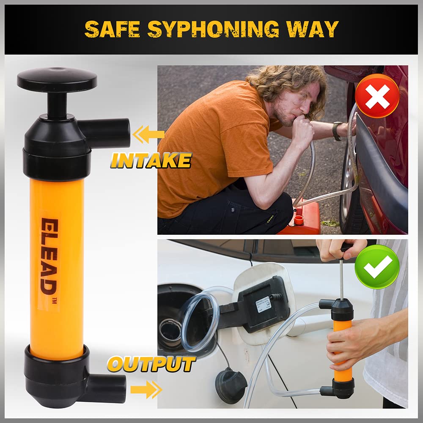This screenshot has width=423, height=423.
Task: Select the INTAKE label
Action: coord(151,161)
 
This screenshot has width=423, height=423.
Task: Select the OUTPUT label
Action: coord(151,364)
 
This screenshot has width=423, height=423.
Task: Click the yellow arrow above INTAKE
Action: coord(148,135)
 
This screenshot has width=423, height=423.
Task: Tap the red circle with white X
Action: coord(377,96)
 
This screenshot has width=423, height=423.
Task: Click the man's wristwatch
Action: coord(337,131)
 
